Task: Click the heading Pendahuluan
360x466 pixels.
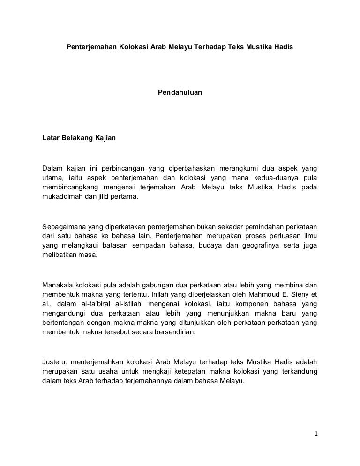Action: click(x=180, y=93)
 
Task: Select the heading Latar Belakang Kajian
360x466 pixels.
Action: click(x=79, y=138)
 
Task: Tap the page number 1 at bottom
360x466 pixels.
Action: click(x=316, y=433)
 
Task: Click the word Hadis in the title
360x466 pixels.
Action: click(x=284, y=48)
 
